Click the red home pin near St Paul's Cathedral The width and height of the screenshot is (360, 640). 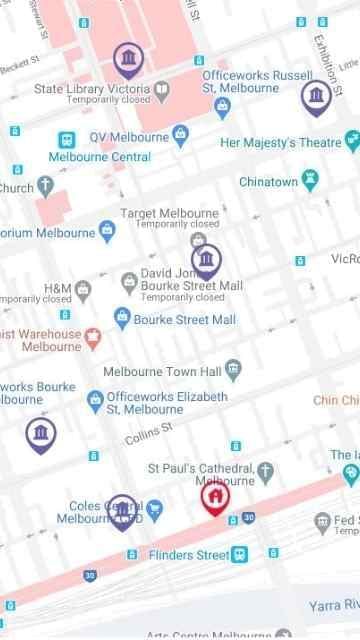click(x=215, y=496)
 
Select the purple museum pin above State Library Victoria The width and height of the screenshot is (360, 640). click(x=128, y=61)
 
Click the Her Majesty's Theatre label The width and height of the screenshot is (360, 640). click(x=279, y=142)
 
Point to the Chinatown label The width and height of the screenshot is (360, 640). click(x=268, y=182)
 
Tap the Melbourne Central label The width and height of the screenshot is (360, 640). click(x=100, y=157)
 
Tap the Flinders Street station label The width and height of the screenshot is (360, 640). click(x=189, y=555)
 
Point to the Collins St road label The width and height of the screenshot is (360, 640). click(x=149, y=434)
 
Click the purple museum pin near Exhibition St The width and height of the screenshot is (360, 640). click(x=316, y=97)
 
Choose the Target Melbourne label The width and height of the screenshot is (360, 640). click(x=169, y=213)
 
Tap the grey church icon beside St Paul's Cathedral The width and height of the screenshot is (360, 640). click(x=265, y=471)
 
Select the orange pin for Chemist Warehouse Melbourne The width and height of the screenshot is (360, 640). click(x=93, y=335)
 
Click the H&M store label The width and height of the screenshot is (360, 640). click(x=57, y=288)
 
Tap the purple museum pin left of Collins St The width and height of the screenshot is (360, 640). click(x=41, y=434)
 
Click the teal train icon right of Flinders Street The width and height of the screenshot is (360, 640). click(x=240, y=554)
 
